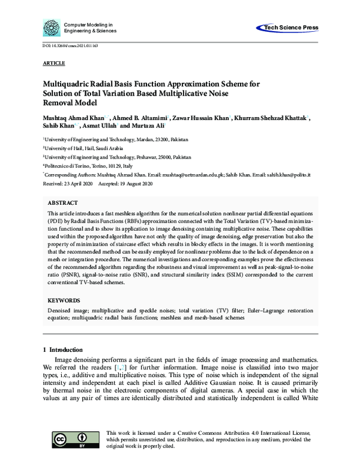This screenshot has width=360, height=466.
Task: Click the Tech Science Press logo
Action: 287,28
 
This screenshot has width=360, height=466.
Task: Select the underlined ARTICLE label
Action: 54,63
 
